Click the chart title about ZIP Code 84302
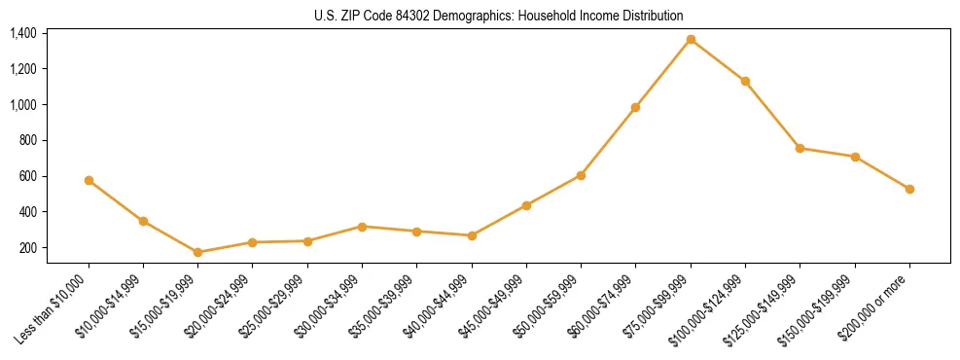click(x=499, y=16)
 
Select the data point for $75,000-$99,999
click(x=691, y=39)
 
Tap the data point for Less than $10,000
click(x=89, y=180)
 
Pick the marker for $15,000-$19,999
click(x=198, y=252)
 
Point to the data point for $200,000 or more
click(x=909, y=189)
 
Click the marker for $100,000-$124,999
click(x=745, y=81)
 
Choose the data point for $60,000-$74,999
click(x=635, y=107)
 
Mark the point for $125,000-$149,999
click(x=800, y=148)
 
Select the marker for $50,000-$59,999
click(x=581, y=175)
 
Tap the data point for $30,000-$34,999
click(x=362, y=227)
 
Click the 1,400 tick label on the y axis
click(x=23, y=33)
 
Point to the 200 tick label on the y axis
click(x=28, y=248)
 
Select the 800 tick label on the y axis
click(x=28, y=140)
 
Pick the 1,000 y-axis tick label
click(x=23, y=105)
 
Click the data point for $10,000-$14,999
click(x=143, y=221)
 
